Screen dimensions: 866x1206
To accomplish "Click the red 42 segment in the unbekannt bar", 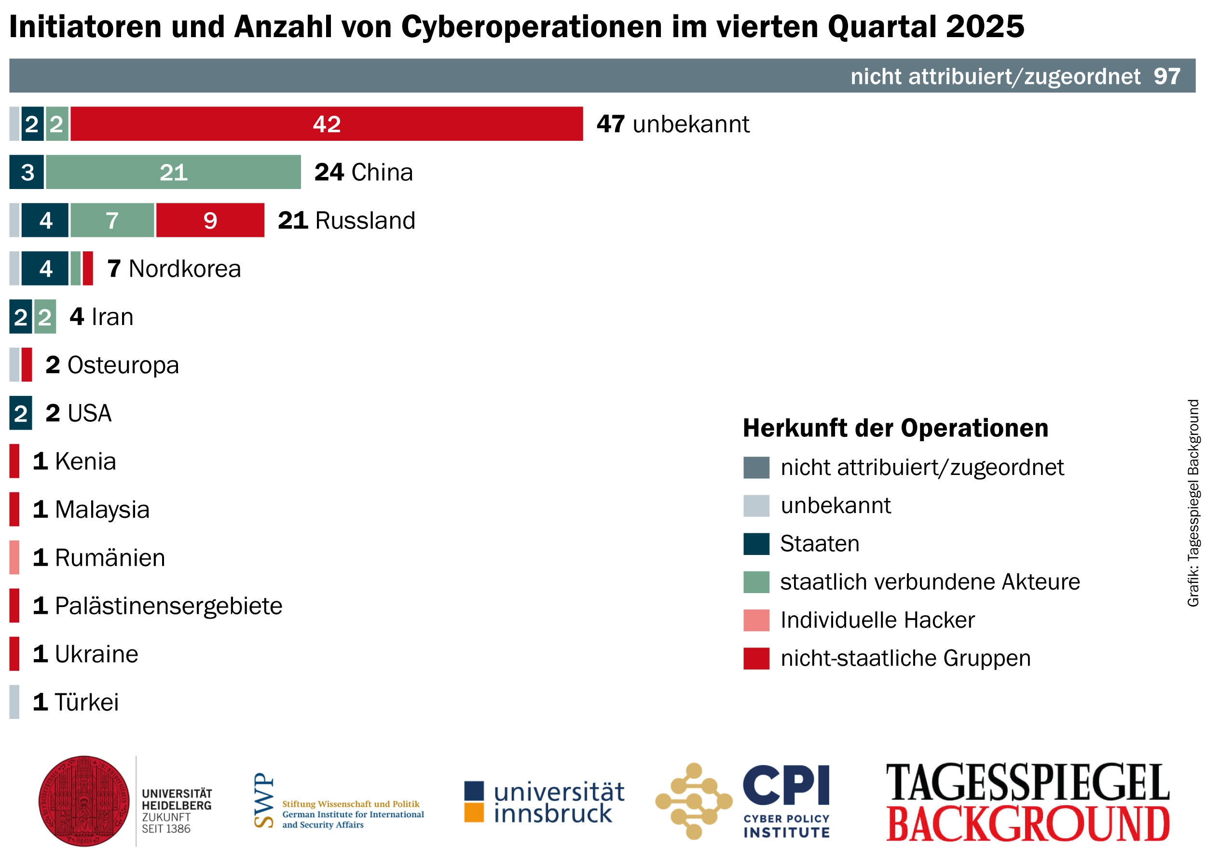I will pyautogui.click(x=327, y=124).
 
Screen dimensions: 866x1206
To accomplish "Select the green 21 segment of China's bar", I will pyautogui.click(x=173, y=172).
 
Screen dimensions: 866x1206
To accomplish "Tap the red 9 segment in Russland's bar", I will pyautogui.click(x=210, y=220).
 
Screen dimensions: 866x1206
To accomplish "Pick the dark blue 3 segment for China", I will pyautogui.click(x=27, y=172).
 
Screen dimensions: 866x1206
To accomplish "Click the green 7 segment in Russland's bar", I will pyautogui.click(x=112, y=220).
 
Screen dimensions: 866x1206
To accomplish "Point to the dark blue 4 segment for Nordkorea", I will pyautogui.click(x=45, y=269).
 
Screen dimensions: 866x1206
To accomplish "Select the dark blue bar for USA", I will pyautogui.click(x=21, y=413).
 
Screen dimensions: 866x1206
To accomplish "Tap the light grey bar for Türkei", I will pyautogui.click(x=14, y=702).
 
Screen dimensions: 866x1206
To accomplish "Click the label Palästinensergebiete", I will pyautogui.click(x=168, y=606).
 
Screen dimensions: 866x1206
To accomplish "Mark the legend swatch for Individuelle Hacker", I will pyautogui.click(x=756, y=621).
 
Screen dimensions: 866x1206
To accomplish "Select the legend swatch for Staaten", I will pyautogui.click(x=756, y=544).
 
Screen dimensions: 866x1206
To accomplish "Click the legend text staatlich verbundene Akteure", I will pyautogui.click(x=930, y=582).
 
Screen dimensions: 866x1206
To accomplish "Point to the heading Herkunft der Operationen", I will pyautogui.click(x=895, y=429).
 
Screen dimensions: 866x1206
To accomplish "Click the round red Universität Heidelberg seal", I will pyautogui.click(x=84, y=801).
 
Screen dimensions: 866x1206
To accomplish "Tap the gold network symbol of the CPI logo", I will pyautogui.click(x=693, y=801).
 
